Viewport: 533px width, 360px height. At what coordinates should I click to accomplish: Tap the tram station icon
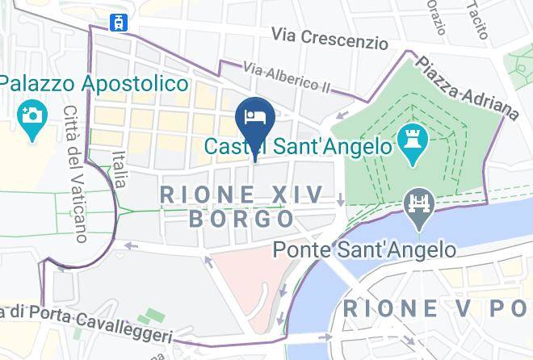coord(120,22)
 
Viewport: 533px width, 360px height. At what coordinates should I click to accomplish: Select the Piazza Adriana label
coord(467,87)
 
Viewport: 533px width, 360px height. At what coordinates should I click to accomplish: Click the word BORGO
coord(241,219)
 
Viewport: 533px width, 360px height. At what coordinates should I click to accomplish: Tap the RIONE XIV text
coord(241,194)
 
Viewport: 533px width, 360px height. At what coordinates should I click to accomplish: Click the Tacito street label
coord(477,20)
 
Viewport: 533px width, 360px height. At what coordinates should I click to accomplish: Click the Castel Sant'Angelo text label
coord(298,147)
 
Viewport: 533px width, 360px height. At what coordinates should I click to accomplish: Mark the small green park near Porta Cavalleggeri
coord(149,318)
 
